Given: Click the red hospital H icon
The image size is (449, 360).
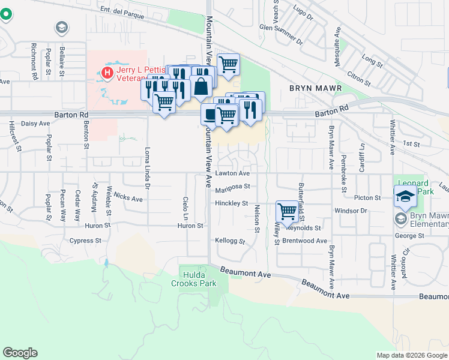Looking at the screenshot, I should (x=107, y=73).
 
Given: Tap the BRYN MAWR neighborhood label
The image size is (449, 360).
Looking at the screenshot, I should (x=315, y=88).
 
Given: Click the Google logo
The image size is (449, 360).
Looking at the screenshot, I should (x=20, y=353).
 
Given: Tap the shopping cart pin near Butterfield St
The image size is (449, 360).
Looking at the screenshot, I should (x=288, y=211).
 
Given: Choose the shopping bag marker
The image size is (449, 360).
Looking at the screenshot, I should (x=201, y=86).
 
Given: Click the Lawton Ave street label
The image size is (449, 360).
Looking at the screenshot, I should (x=232, y=173).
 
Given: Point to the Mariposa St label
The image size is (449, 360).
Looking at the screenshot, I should (x=232, y=187).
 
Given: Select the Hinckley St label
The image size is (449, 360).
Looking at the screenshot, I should (x=231, y=203).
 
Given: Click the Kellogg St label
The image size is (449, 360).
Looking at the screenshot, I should (x=230, y=241).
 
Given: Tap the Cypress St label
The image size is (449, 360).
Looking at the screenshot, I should (x=85, y=241).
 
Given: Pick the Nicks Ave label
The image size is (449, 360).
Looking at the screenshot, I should (x=128, y=198).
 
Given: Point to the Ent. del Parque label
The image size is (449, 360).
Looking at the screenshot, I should (x=123, y=13).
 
